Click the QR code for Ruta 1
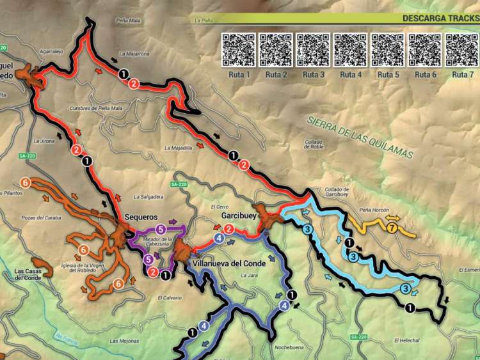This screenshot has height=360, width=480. pos(239,50)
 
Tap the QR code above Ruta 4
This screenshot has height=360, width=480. pos(351,50)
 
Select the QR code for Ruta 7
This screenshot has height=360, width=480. pos(463,50)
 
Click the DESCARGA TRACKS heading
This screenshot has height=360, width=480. pos(440,18)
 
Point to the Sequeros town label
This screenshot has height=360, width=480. pos(141,217)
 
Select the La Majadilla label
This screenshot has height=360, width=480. pos(178,148)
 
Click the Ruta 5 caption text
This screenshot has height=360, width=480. pos(388,75)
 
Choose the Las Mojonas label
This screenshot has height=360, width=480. pos(123,341)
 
